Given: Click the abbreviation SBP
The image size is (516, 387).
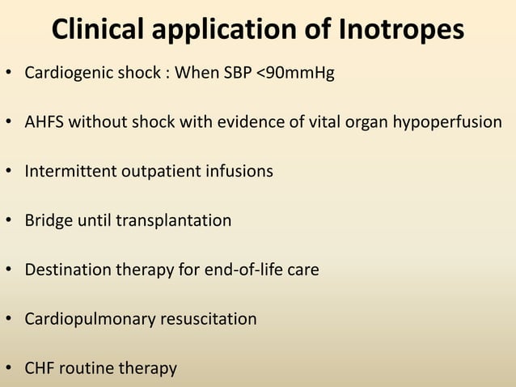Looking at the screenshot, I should (x=237, y=74).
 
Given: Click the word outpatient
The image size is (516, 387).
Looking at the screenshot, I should (x=162, y=172).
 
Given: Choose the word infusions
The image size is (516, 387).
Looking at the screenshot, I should (x=240, y=172).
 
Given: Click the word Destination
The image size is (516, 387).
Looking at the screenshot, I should (x=66, y=270).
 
